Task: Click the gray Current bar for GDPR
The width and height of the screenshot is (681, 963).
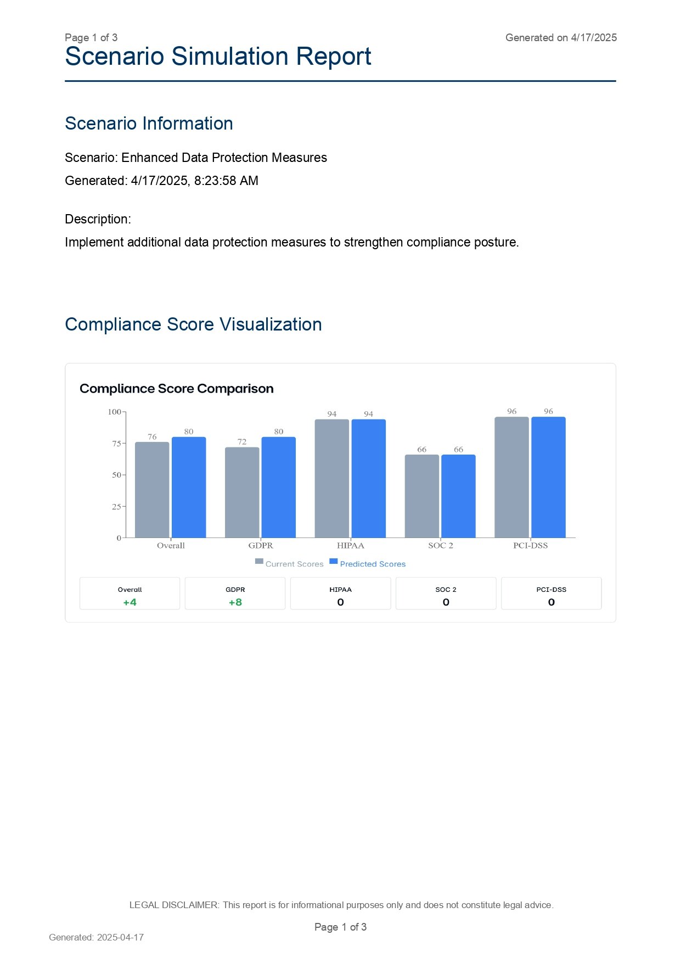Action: pos(242,492)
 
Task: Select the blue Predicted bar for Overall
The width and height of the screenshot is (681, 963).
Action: pos(189,488)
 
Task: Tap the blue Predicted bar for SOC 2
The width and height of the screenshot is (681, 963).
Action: pos(458,496)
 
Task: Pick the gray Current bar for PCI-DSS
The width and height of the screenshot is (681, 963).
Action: pos(511,477)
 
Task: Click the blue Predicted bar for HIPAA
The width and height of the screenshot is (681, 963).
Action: pos(368,478)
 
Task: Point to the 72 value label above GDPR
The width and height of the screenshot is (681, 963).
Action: pos(242,442)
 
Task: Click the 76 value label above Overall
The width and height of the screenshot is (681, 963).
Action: pos(152,437)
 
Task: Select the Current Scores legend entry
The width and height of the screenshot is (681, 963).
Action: pos(289,564)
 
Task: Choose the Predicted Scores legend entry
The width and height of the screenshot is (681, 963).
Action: pos(368,564)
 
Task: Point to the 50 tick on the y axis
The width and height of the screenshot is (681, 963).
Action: pos(116,475)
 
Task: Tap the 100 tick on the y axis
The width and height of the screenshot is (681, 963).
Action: pos(114,412)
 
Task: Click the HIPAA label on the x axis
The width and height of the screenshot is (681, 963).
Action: pos(350,546)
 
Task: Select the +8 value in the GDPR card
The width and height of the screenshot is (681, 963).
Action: pos(235,602)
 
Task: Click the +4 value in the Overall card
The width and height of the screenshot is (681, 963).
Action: pos(130,602)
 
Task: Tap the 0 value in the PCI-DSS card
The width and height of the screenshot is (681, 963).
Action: pos(551,602)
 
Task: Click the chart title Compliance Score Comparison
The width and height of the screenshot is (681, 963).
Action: pos(176,389)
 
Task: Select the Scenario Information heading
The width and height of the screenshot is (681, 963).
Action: pos(149,124)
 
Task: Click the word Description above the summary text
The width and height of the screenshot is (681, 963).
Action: pos(97,219)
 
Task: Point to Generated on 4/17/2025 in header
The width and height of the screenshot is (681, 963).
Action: pos(561,38)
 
